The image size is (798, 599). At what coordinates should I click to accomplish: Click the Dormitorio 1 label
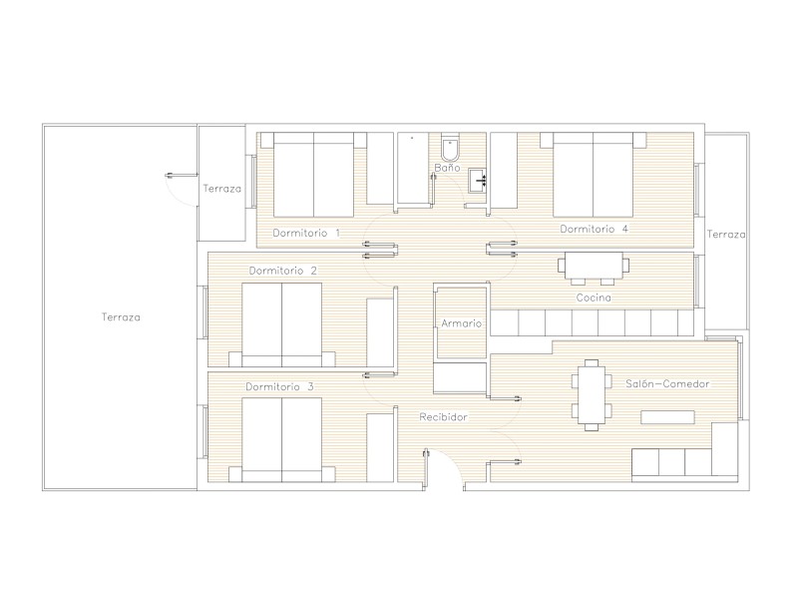[306, 233]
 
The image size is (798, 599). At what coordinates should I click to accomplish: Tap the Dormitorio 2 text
[283, 271]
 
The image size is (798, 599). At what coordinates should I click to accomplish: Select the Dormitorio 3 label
[279, 386]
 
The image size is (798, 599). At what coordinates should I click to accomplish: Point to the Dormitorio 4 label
[594, 229]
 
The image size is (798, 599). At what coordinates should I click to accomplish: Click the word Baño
[447, 167]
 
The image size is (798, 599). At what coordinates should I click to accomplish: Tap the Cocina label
[594, 298]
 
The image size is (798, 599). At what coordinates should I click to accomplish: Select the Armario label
[461, 323]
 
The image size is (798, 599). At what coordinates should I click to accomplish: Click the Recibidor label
[443, 417]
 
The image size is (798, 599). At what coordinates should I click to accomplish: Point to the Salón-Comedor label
[667, 383]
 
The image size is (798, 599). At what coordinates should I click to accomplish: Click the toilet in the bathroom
[450, 148]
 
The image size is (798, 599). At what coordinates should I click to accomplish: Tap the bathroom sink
[478, 181]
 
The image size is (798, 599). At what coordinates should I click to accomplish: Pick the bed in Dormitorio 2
[282, 325]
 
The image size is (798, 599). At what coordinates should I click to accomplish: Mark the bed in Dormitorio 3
[282, 440]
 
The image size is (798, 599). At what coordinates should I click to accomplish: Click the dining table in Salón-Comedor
[592, 394]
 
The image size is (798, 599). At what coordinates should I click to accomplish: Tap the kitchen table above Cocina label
[594, 266]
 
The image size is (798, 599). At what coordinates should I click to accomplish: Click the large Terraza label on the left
[121, 317]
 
